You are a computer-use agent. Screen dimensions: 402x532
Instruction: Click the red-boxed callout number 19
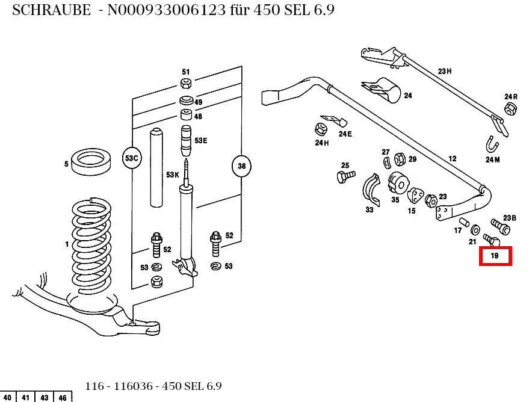(x=495, y=256)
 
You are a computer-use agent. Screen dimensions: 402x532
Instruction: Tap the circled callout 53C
(x=131, y=158)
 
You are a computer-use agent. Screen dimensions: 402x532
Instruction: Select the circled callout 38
(x=241, y=166)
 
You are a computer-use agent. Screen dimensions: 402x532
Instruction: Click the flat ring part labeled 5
(x=91, y=162)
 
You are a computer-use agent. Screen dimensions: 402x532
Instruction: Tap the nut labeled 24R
(x=510, y=109)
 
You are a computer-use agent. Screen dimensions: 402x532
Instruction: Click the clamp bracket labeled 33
(x=371, y=190)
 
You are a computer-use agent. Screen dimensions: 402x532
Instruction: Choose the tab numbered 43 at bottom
(x=45, y=397)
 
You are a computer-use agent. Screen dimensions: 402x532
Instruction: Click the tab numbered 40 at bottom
(x=7, y=397)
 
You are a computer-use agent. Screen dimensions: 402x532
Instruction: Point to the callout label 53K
(x=173, y=175)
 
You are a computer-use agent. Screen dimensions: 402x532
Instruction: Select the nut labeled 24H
(x=320, y=129)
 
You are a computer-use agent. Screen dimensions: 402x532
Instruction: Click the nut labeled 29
(x=398, y=159)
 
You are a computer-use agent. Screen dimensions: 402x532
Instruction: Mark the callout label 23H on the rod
(x=444, y=71)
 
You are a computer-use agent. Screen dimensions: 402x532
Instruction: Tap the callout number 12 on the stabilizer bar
(x=452, y=159)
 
